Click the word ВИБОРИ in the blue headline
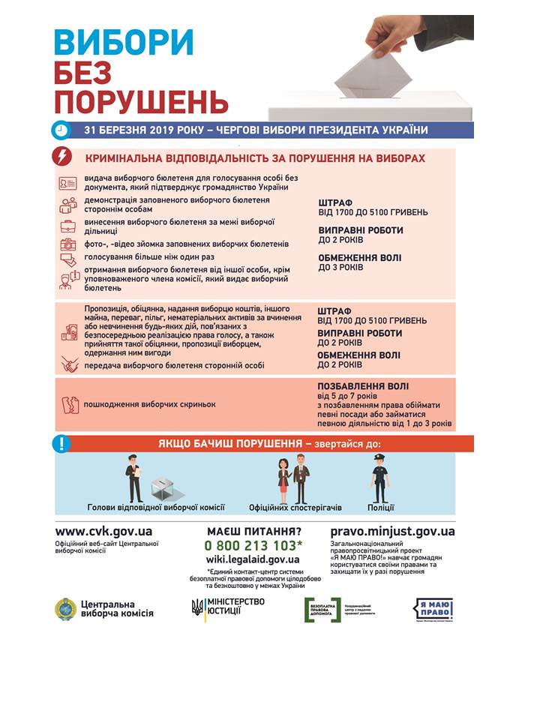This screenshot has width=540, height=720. (x=124, y=40)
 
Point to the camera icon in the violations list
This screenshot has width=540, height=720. (x=68, y=244)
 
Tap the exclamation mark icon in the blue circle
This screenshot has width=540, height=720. (x=61, y=443)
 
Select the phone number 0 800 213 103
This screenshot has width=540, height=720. (x=254, y=545)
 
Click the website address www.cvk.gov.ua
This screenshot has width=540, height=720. (x=103, y=531)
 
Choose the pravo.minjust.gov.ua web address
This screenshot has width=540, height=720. (x=392, y=531)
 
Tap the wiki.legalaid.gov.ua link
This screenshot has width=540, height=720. (x=253, y=559)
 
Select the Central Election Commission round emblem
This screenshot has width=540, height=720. (x=65, y=608)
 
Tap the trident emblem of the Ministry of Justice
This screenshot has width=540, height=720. (x=197, y=607)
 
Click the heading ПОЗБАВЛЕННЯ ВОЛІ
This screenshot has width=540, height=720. (x=363, y=386)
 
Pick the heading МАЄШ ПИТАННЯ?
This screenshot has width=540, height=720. (x=253, y=531)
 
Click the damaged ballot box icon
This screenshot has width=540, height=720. (x=69, y=403)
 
